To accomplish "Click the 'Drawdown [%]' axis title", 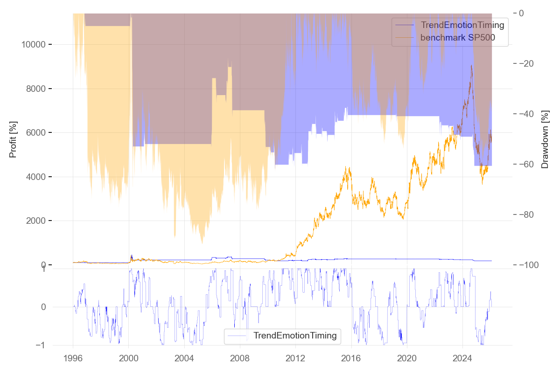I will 545,139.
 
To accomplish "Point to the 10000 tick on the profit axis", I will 33,45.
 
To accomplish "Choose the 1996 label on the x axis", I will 73,359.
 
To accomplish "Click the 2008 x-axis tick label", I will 239,359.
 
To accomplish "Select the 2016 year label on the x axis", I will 351,359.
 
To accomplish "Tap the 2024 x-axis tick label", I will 462,359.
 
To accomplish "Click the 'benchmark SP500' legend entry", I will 457,38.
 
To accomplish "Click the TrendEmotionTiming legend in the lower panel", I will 294,335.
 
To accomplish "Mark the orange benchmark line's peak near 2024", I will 472,65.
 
